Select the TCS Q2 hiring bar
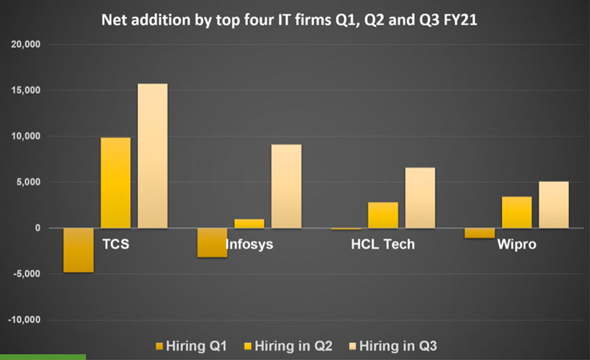115,183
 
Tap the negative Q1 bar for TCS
78,250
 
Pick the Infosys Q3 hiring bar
286,186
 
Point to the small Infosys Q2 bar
249,223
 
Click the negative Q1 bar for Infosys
213,243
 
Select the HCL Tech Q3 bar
420,198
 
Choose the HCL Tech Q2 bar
383,215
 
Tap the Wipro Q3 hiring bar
554,204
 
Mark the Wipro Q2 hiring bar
517,212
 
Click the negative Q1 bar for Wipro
480,233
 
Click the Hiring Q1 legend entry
191,345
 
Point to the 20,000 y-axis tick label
26,45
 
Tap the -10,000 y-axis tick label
24,321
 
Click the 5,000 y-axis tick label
28,183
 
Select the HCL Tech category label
383,245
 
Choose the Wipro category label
517,245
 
